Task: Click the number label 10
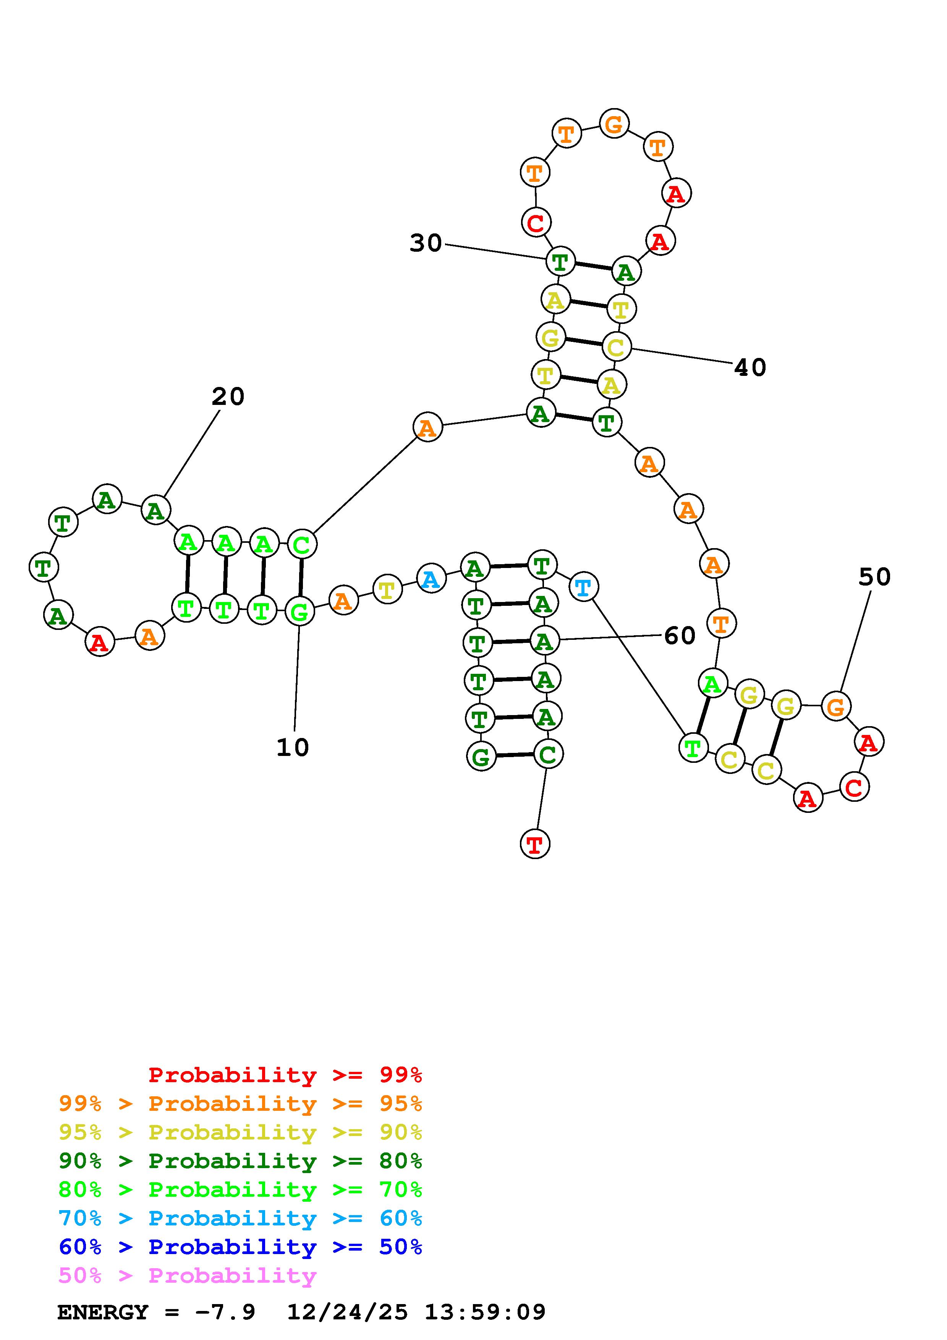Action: pyautogui.click(x=292, y=747)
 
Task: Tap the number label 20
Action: pyautogui.click(x=228, y=397)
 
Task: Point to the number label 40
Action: pyautogui.click(x=750, y=367)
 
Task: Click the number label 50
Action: pyautogui.click(x=874, y=577)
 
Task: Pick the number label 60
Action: pyautogui.click(x=680, y=636)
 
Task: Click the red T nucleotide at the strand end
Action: pyautogui.click(x=534, y=844)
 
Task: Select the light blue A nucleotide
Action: pyautogui.click(x=431, y=579)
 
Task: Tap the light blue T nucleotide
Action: pyautogui.click(x=583, y=587)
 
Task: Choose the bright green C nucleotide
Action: pyautogui.click(x=302, y=545)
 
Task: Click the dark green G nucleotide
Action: pyautogui.click(x=481, y=757)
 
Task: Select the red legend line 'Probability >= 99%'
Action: pyautogui.click(x=285, y=1075)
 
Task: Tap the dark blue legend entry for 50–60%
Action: pyautogui.click(x=240, y=1247)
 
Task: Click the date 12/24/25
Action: pyautogui.click(x=347, y=1312)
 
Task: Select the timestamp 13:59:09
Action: pyautogui.click(x=485, y=1312)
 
